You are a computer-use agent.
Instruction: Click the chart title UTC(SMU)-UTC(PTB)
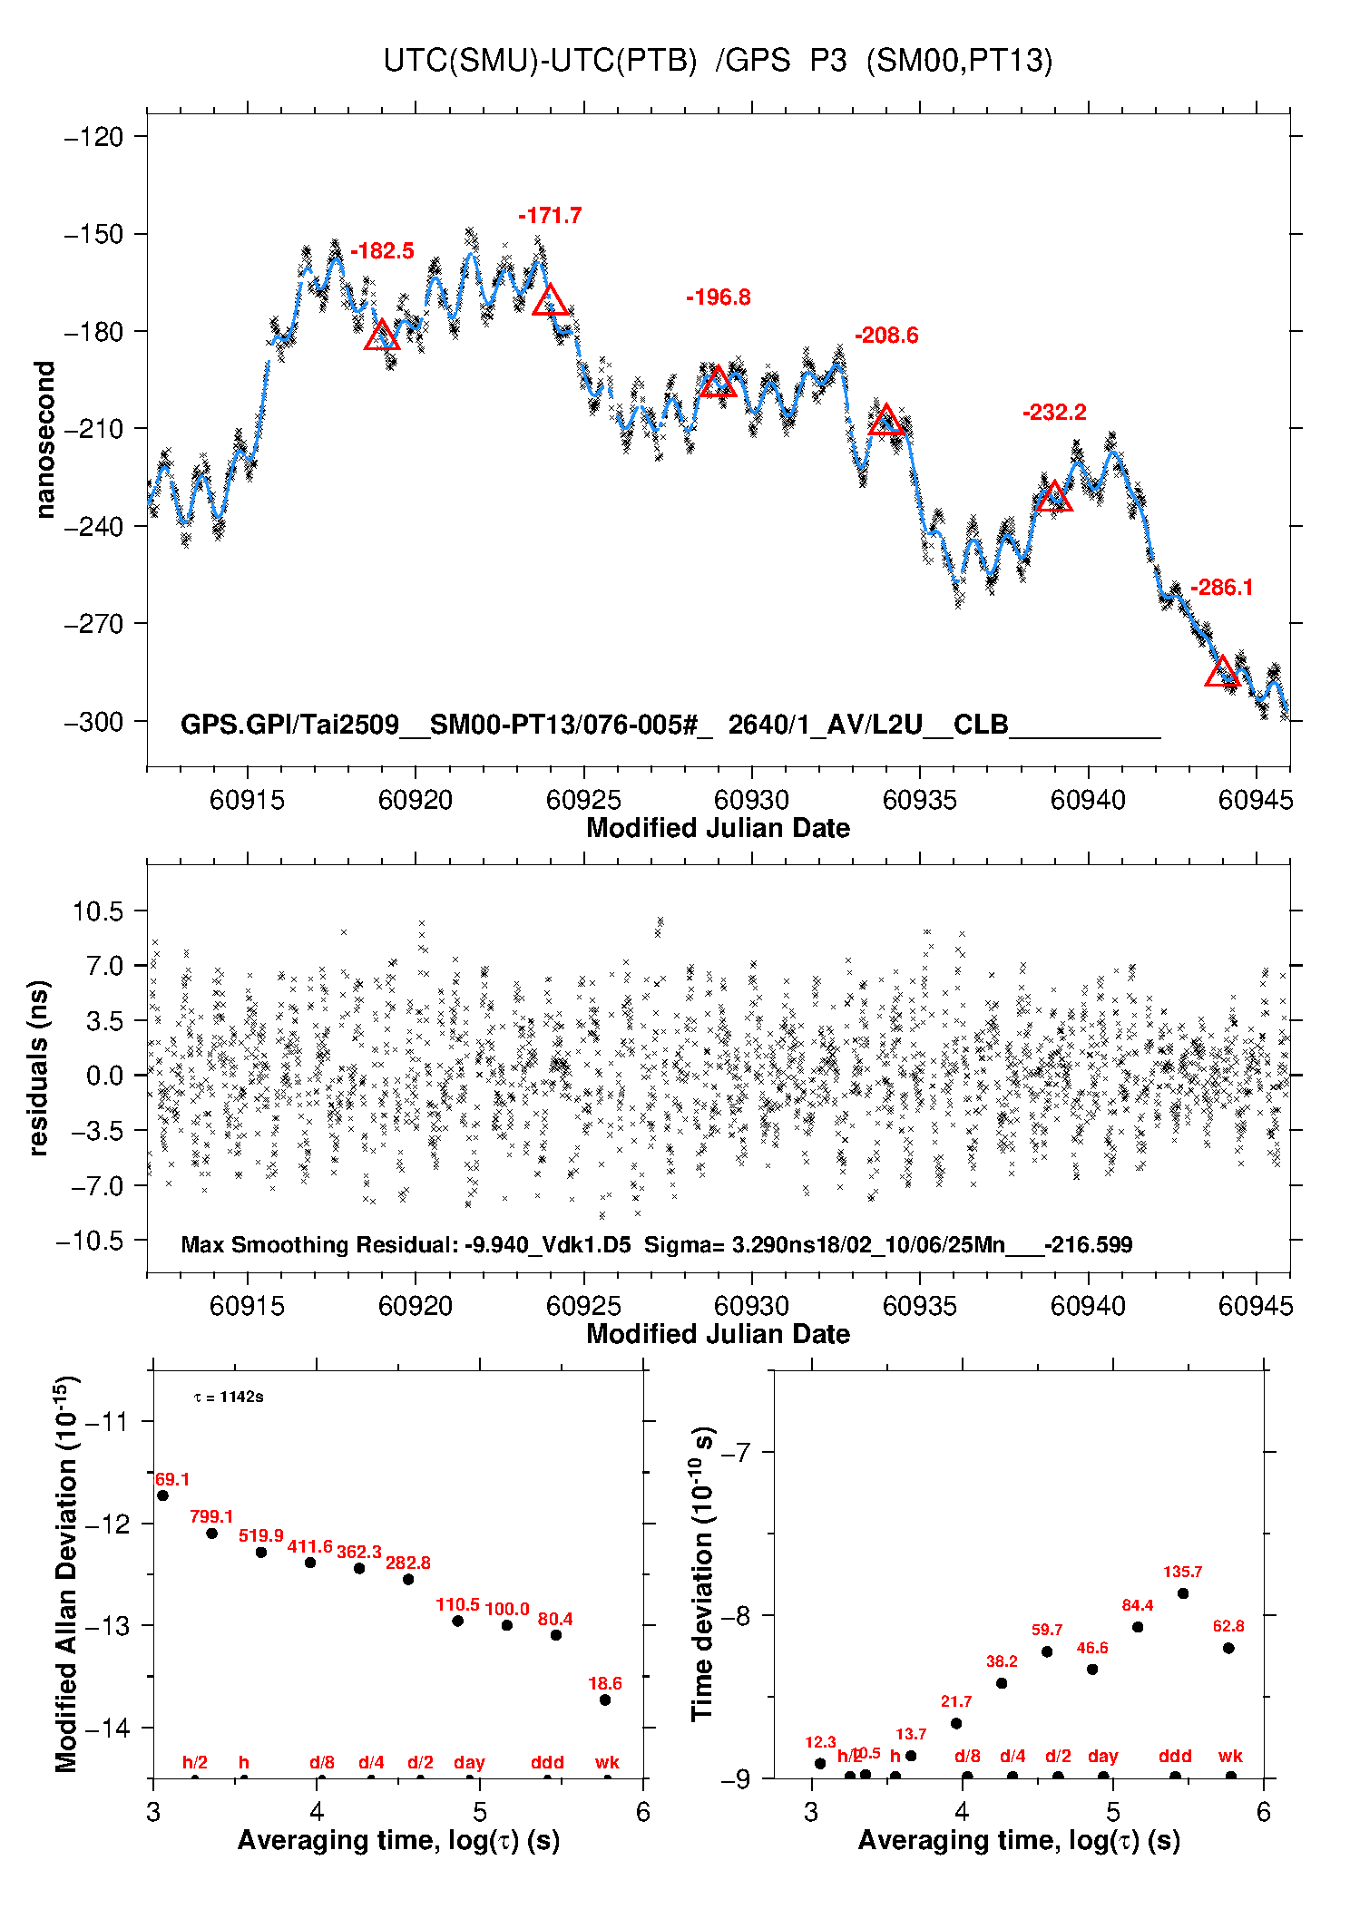click(540, 61)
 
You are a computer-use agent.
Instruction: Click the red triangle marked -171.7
click(550, 300)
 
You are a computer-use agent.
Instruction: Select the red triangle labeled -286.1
click(1222, 671)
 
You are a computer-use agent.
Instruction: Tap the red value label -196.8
click(718, 297)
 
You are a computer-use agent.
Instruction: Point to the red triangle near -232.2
click(1053, 497)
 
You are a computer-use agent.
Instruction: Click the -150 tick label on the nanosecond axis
click(93, 234)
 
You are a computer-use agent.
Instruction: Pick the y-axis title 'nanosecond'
click(44, 439)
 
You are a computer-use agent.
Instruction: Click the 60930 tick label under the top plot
click(751, 800)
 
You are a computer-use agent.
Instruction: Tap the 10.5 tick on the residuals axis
click(98, 911)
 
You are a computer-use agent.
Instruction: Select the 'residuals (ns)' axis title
click(38, 1067)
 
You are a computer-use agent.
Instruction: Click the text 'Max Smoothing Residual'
click(318, 1244)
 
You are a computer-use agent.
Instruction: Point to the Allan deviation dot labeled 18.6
click(605, 1700)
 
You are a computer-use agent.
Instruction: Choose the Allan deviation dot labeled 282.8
click(408, 1579)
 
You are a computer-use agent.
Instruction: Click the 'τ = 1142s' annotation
click(229, 1397)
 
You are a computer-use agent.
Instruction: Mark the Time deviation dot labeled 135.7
click(1183, 1593)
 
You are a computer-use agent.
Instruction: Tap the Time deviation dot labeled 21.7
click(956, 1723)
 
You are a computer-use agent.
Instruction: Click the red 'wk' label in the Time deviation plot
click(1230, 1756)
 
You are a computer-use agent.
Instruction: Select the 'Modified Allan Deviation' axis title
click(66, 1573)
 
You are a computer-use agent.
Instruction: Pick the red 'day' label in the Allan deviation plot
click(469, 1762)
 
